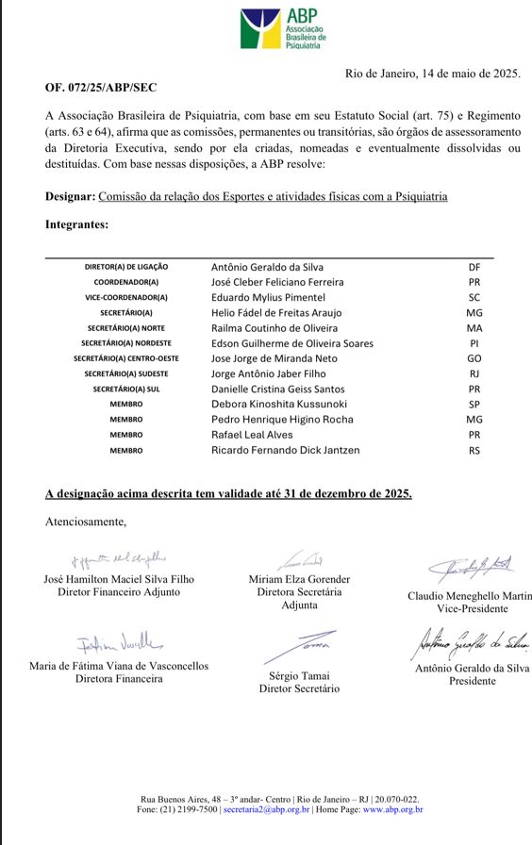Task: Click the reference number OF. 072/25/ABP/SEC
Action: pyautogui.click(x=101, y=88)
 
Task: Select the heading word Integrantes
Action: pyautogui.click(x=76, y=224)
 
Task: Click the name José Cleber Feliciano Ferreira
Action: pyautogui.click(x=277, y=282)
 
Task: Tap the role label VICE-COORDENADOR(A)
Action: pyautogui.click(x=125, y=297)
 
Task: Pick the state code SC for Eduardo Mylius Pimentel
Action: pyautogui.click(x=474, y=297)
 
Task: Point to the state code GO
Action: pyautogui.click(x=474, y=358)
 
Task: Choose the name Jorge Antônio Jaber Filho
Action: pyautogui.click(x=268, y=373)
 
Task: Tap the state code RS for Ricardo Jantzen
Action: pyautogui.click(x=474, y=450)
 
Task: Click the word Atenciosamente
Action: pyautogui.click(x=85, y=522)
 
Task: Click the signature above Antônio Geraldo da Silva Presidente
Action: pyautogui.click(x=470, y=645)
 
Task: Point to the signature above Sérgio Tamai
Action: pyautogui.click(x=300, y=649)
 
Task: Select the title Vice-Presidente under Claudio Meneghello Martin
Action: pyautogui.click(x=469, y=609)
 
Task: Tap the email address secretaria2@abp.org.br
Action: pyautogui.click(x=267, y=809)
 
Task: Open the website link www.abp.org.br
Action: pyautogui.click(x=392, y=809)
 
